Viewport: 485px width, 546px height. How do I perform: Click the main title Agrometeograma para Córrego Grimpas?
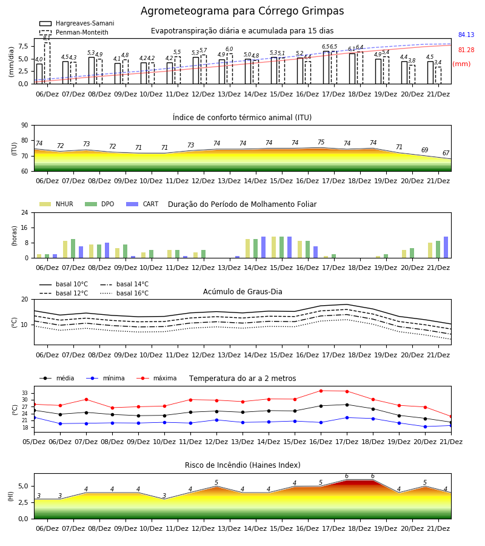coord(242,11)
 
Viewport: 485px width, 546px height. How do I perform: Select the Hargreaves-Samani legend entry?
coord(76,23)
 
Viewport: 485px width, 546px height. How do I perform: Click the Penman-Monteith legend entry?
coord(74,32)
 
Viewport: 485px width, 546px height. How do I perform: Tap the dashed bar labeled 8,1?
coord(47,63)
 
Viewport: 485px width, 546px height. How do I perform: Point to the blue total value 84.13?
coord(466,35)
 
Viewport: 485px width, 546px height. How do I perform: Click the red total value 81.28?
coord(466,50)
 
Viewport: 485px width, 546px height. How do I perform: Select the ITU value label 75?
coord(321,142)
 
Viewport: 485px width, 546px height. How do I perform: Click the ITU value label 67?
coord(446,153)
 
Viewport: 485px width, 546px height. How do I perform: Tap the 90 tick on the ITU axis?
coord(25,126)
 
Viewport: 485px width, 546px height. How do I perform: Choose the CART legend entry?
coord(142,204)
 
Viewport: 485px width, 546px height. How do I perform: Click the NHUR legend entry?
coord(56,204)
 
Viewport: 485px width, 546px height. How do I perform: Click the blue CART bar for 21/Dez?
coord(446,248)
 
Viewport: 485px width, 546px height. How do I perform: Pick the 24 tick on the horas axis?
coord(25,212)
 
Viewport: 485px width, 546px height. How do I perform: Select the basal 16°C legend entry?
coord(124,293)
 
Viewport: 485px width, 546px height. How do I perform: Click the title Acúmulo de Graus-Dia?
coord(242,292)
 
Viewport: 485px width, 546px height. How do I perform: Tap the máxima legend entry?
coord(156,378)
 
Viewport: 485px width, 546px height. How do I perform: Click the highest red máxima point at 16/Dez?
coord(321,391)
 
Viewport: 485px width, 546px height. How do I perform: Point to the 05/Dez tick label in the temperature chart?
coord(34,442)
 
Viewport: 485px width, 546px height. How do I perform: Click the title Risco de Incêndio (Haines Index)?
coord(242,465)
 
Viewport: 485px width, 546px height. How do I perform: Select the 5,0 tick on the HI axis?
coord(23,486)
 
